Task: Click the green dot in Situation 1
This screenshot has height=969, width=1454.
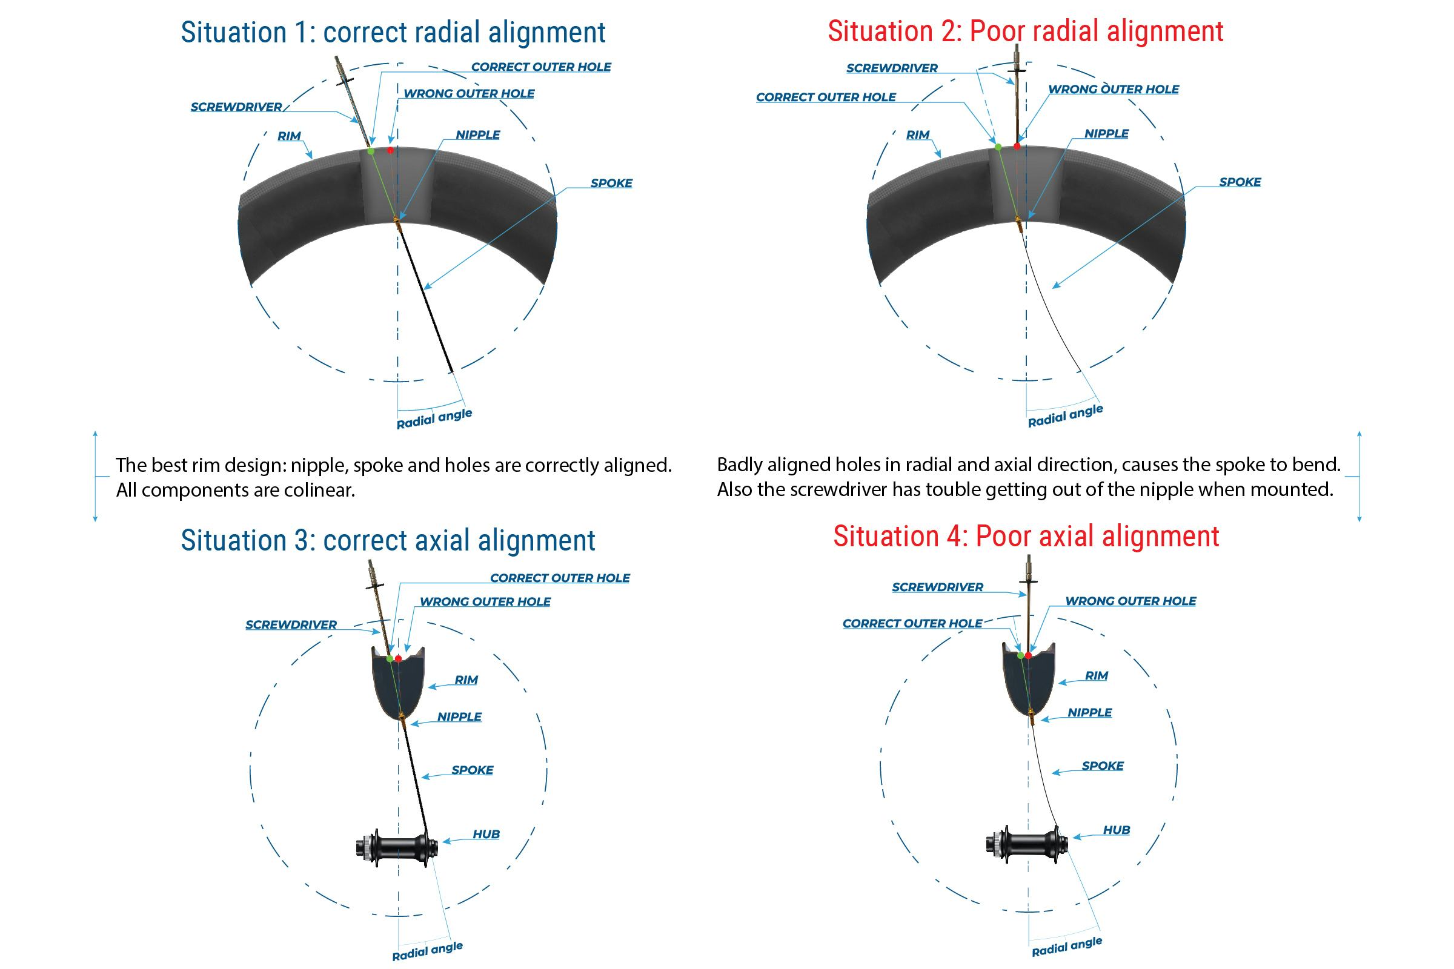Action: coord(371,151)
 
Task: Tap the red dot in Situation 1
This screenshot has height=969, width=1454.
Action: coord(390,150)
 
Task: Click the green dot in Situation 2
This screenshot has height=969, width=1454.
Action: coord(998,147)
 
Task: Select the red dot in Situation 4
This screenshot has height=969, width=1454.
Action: coord(1028,655)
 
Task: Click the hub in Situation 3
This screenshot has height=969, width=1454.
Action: coord(397,846)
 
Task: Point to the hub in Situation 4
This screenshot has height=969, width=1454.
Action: coord(1027,843)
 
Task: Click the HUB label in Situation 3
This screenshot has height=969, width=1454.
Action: coord(486,835)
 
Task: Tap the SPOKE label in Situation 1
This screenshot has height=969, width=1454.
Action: coord(611,183)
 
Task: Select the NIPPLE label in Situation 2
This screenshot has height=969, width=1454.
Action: coord(1106,133)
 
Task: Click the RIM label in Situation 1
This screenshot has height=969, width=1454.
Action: coord(289,136)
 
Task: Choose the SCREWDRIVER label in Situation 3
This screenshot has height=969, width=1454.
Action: coord(291,625)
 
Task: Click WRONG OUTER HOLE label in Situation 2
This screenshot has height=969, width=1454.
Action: coord(1113,90)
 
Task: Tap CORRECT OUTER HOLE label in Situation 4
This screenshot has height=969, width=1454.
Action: coord(912,624)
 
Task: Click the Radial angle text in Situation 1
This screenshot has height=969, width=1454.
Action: coord(434,418)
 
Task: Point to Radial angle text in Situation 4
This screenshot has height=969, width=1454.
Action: coord(1066,947)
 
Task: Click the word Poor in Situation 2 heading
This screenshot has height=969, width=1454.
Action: coord(995,31)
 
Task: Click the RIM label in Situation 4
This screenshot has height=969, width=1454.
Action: coord(1096,675)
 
